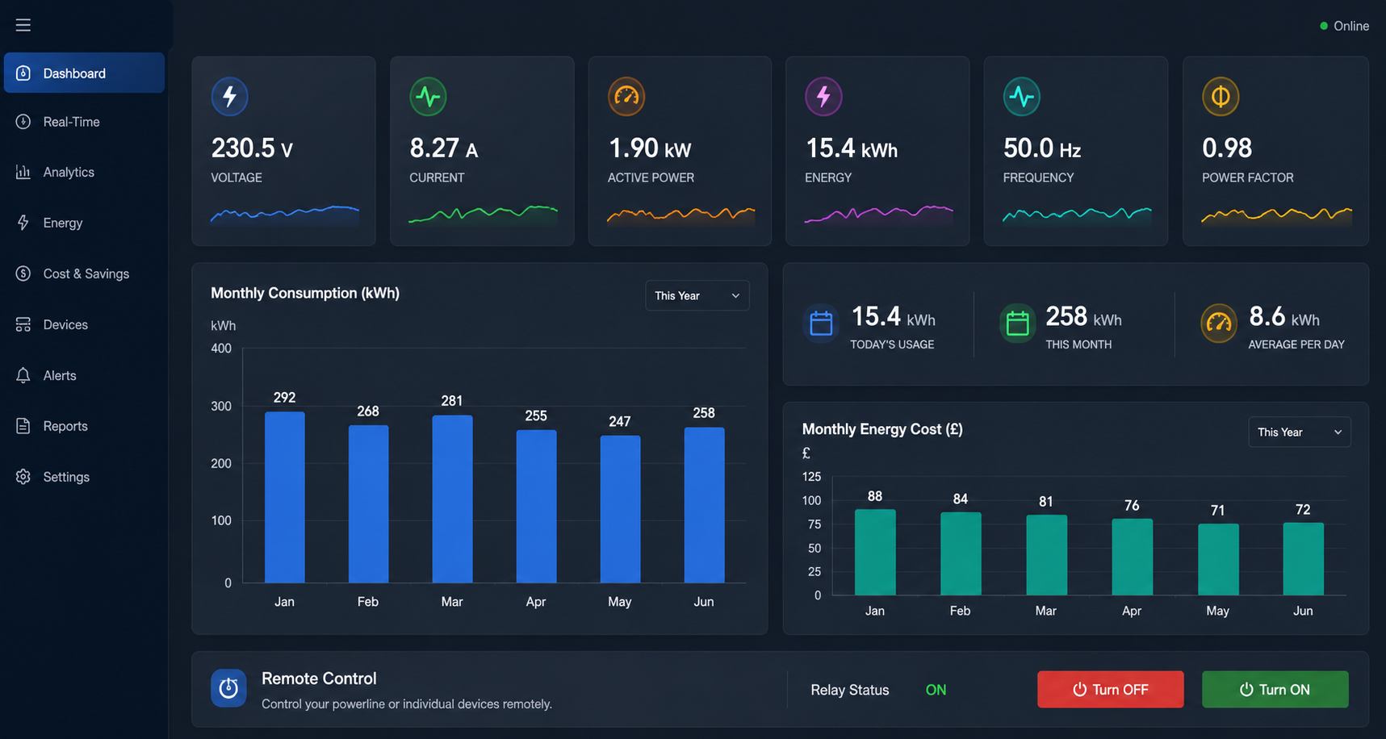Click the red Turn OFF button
[1110, 689]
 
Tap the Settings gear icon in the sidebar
[23, 477]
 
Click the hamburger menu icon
[23, 25]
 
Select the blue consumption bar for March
[452, 499]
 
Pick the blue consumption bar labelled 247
[620, 509]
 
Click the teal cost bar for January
[875, 552]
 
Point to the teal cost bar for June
[1303, 559]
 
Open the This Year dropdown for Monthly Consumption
[697, 295]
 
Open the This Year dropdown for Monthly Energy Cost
[1300, 432]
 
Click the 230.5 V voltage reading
[252, 148]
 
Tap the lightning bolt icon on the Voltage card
[230, 96]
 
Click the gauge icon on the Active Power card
[626, 96]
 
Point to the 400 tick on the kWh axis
[221, 349]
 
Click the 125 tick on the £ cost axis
[811, 477]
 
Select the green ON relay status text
[936, 690]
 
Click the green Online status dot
[1324, 26]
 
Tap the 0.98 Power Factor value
[1227, 148]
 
